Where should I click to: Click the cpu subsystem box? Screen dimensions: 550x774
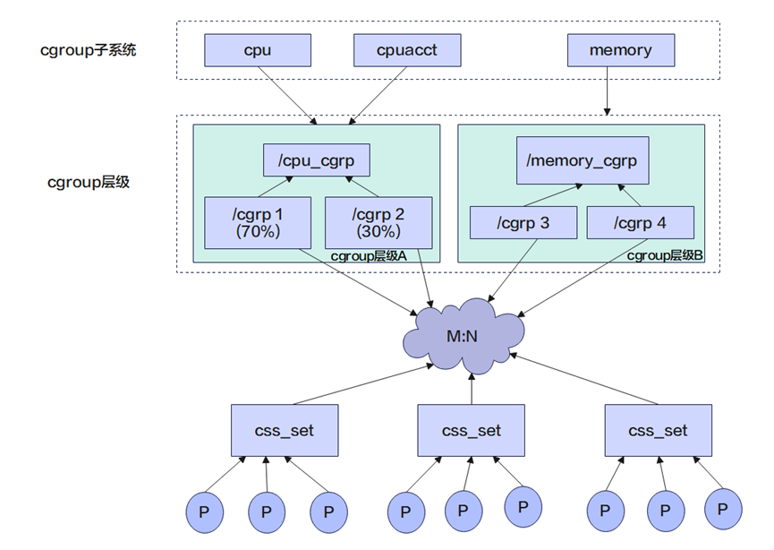pos(257,50)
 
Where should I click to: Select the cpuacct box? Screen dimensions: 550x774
pos(407,50)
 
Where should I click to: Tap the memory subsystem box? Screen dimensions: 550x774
pos(620,50)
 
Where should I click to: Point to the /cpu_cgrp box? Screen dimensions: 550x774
pos(316,161)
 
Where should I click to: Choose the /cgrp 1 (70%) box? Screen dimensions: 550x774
pos(257,222)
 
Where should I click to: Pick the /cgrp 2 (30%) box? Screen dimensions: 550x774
pos(378,222)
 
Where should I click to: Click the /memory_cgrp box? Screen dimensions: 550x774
pos(582,161)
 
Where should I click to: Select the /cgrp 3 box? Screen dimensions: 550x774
pos(523,223)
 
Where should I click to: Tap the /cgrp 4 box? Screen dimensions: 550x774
pos(640,223)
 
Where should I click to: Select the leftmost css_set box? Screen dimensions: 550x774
pos(285,430)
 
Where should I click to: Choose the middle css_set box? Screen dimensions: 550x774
pos(472,430)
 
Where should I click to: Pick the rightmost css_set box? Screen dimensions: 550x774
pos(658,430)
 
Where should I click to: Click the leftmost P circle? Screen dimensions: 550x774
pos(205,511)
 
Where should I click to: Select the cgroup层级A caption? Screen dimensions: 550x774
pos(368,255)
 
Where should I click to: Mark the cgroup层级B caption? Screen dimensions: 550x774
pos(665,255)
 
